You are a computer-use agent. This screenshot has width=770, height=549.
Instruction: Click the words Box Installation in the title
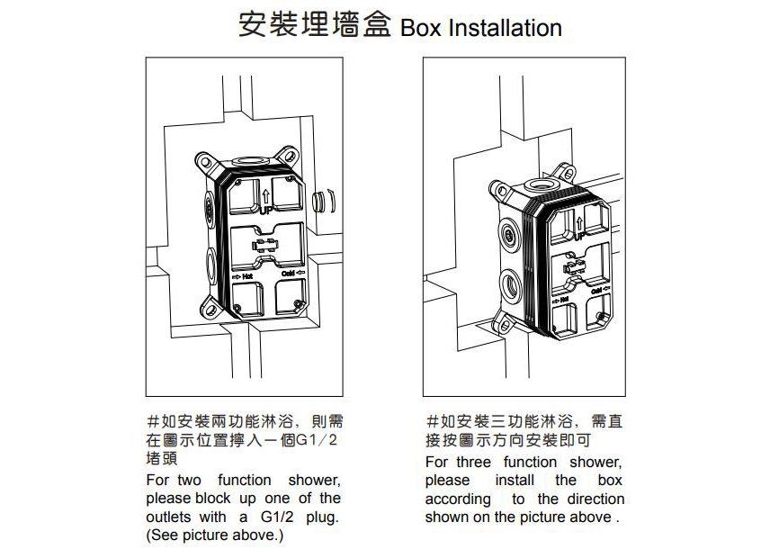tap(481, 28)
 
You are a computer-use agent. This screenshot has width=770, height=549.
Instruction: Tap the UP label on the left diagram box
tap(266, 210)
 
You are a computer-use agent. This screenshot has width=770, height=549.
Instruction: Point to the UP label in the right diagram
tap(581, 236)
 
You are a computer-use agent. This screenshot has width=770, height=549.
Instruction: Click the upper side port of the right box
tap(510, 237)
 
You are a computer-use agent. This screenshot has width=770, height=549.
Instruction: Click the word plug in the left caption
tap(310, 517)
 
